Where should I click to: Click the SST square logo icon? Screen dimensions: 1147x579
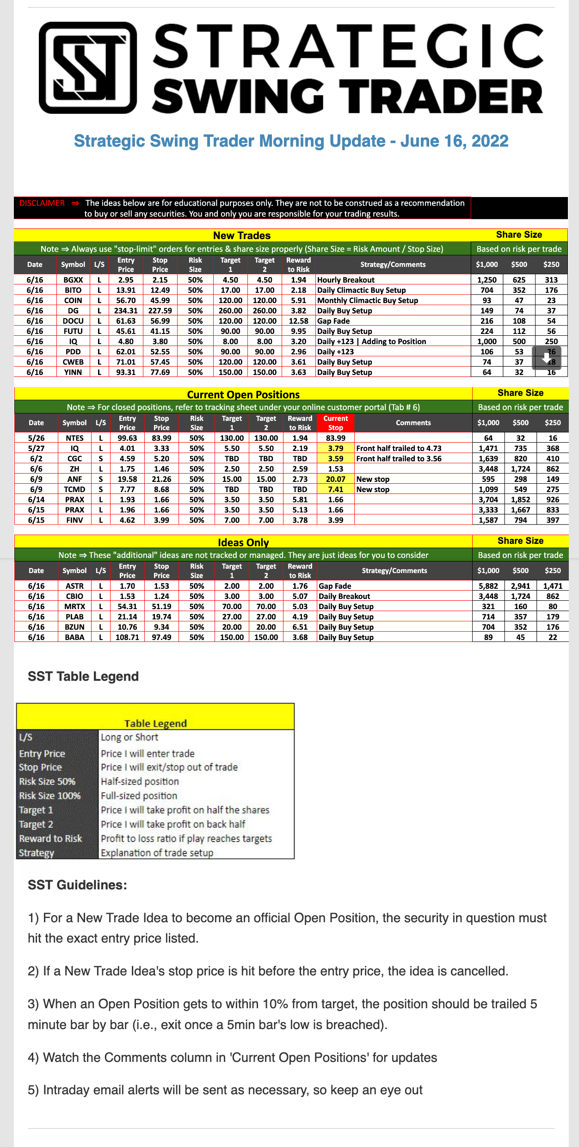point(88,68)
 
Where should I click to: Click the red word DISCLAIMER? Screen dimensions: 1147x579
point(42,203)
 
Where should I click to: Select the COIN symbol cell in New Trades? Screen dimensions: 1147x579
point(73,301)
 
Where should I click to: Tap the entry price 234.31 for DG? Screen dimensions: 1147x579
point(126,311)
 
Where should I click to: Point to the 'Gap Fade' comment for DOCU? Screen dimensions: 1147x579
point(333,321)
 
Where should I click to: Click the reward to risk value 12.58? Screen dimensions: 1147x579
point(298,321)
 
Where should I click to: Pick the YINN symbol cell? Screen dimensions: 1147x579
point(73,372)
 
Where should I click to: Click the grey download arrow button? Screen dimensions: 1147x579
point(547,358)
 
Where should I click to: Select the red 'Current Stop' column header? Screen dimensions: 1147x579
point(335,423)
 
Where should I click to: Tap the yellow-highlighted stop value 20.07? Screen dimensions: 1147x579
point(335,479)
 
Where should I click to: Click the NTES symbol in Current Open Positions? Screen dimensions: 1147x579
point(74,438)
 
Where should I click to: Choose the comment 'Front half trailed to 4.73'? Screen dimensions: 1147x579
point(399,448)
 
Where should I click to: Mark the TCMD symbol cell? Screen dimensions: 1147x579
point(74,489)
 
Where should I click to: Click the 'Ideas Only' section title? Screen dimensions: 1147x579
point(243,542)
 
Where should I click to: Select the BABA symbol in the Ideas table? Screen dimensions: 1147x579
point(74,637)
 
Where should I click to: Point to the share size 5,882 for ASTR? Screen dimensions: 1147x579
point(488,586)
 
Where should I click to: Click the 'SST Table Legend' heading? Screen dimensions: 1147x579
point(83,676)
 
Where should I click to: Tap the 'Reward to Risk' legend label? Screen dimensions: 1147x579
point(50,839)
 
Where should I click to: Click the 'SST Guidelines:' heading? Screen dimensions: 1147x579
point(77,885)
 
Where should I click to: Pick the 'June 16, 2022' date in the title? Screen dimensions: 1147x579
point(454,141)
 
